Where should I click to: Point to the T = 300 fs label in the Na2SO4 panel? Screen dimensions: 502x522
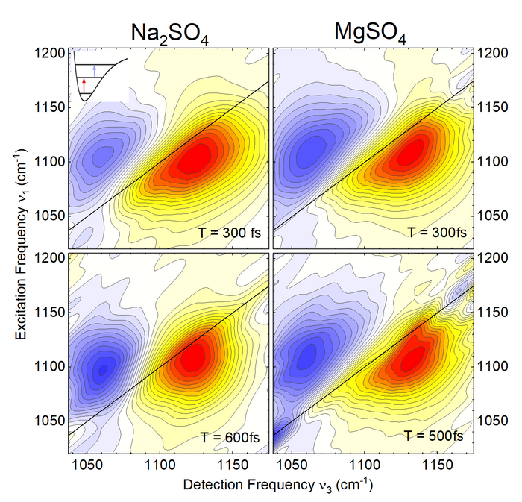pyautogui.click(x=230, y=232)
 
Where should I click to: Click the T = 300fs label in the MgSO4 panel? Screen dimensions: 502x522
pyautogui.click(x=437, y=232)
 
